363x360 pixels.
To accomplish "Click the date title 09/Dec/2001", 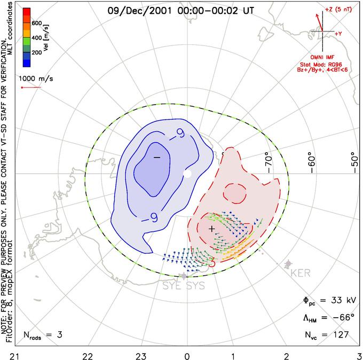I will click(138, 9).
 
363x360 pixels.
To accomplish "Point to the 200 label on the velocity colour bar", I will click(37, 53).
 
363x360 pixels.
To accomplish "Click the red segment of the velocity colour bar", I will click(26, 13).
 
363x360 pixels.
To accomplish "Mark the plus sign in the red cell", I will click(212, 229).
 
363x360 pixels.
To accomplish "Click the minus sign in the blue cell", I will click(156, 158).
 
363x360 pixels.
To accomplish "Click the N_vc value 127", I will click(340, 335).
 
